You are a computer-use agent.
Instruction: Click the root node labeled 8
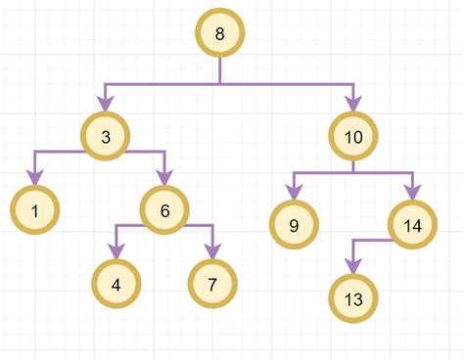[x=219, y=35]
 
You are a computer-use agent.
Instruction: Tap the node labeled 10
[x=353, y=138]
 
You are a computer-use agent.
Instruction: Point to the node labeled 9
[x=295, y=224]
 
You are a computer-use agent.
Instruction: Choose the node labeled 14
[x=412, y=224]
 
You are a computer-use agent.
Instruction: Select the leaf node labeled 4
[x=116, y=285]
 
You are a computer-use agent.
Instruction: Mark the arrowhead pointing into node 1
[x=35, y=177]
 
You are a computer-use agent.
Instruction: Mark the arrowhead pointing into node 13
[x=354, y=264]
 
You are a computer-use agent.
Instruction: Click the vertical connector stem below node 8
[x=219, y=71]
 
